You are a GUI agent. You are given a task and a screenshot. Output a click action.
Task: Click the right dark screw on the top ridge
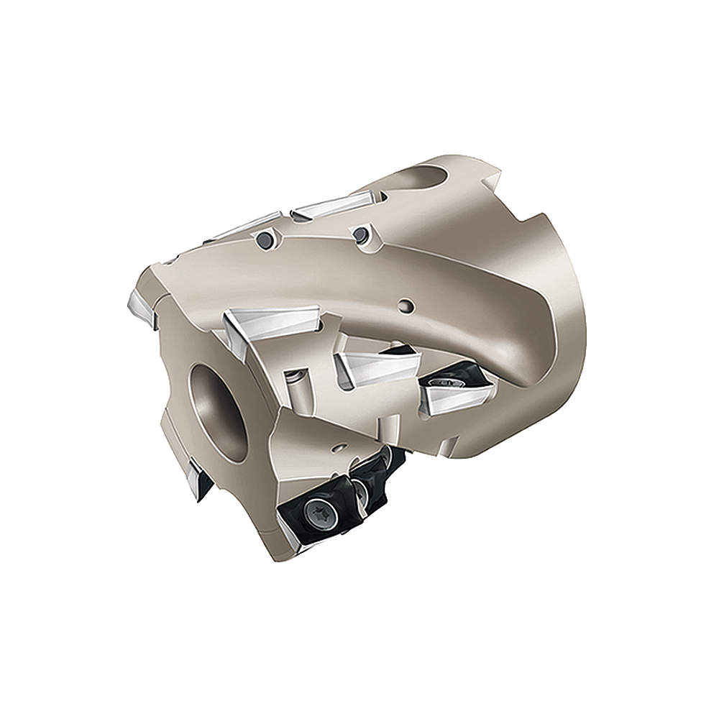[x=359, y=233]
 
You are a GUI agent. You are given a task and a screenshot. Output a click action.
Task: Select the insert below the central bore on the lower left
[x=198, y=477]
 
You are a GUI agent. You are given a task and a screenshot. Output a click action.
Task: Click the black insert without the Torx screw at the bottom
[x=374, y=478]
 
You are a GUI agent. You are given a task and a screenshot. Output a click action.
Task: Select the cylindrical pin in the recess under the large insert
[x=296, y=388]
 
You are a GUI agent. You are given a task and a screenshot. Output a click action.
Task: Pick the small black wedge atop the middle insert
[x=397, y=350]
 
